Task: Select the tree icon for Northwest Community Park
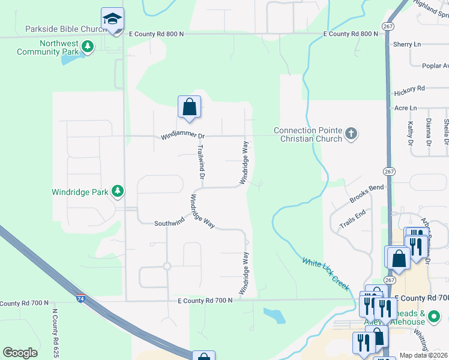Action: coord(88,46)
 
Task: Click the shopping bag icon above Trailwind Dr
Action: coord(189,107)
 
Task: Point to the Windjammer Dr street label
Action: coord(183,137)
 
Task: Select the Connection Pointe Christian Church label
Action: coord(308,134)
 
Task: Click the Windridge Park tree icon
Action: coord(118,191)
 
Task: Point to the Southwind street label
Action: coord(169,223)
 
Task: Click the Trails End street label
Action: coord(352,219)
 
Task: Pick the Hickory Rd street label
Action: coord(409,90)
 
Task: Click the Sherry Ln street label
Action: coord(407,44)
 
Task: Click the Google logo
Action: coord(20,353)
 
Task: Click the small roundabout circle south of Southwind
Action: coord(167,266)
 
